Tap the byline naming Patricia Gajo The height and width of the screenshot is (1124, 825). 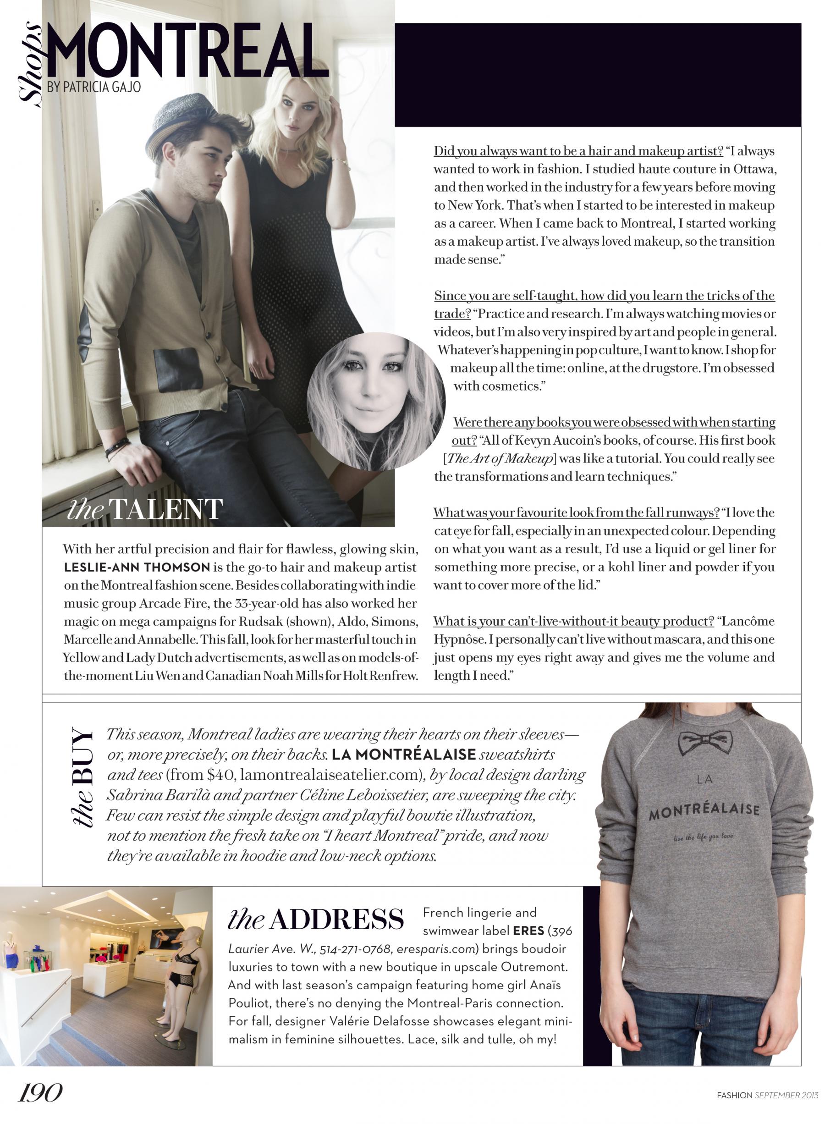(94, 87)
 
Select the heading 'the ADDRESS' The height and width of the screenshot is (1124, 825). (316, 919)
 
